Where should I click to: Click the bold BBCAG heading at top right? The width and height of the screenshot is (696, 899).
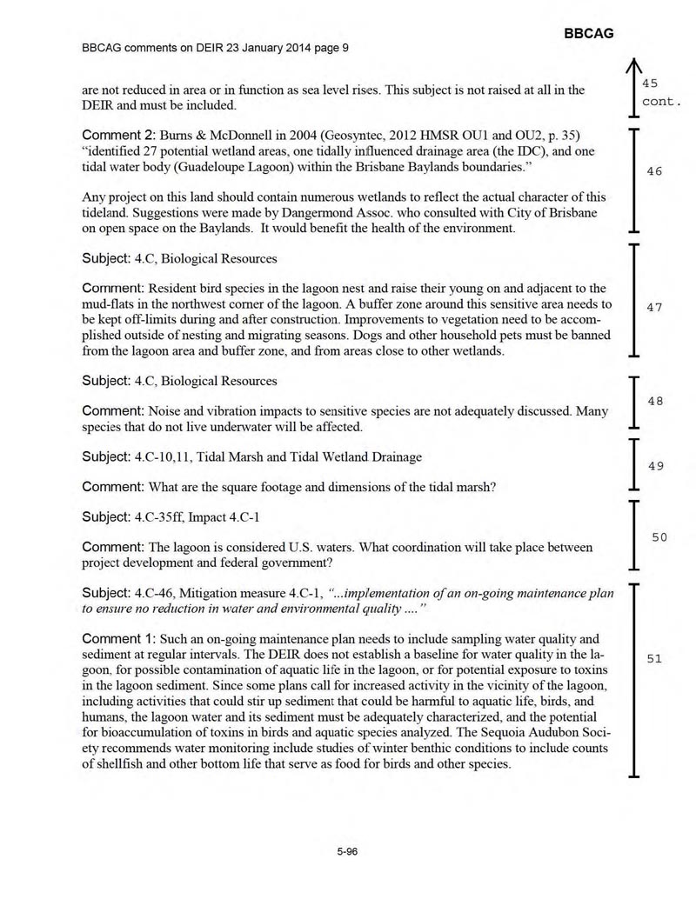(589, 33)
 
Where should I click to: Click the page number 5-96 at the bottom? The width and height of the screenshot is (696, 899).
(348, 852)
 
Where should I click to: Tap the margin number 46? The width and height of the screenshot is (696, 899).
(654, 172)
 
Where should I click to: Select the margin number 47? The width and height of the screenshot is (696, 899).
(654, 308)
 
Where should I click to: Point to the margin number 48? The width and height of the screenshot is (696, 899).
(654, 401)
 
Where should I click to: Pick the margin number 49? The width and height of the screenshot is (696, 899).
(654, 466)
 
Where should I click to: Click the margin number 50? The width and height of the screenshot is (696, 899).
(659, 537)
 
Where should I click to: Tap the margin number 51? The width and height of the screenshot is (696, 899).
(654, 659)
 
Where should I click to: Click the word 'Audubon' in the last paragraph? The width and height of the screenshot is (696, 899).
(550, 733)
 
